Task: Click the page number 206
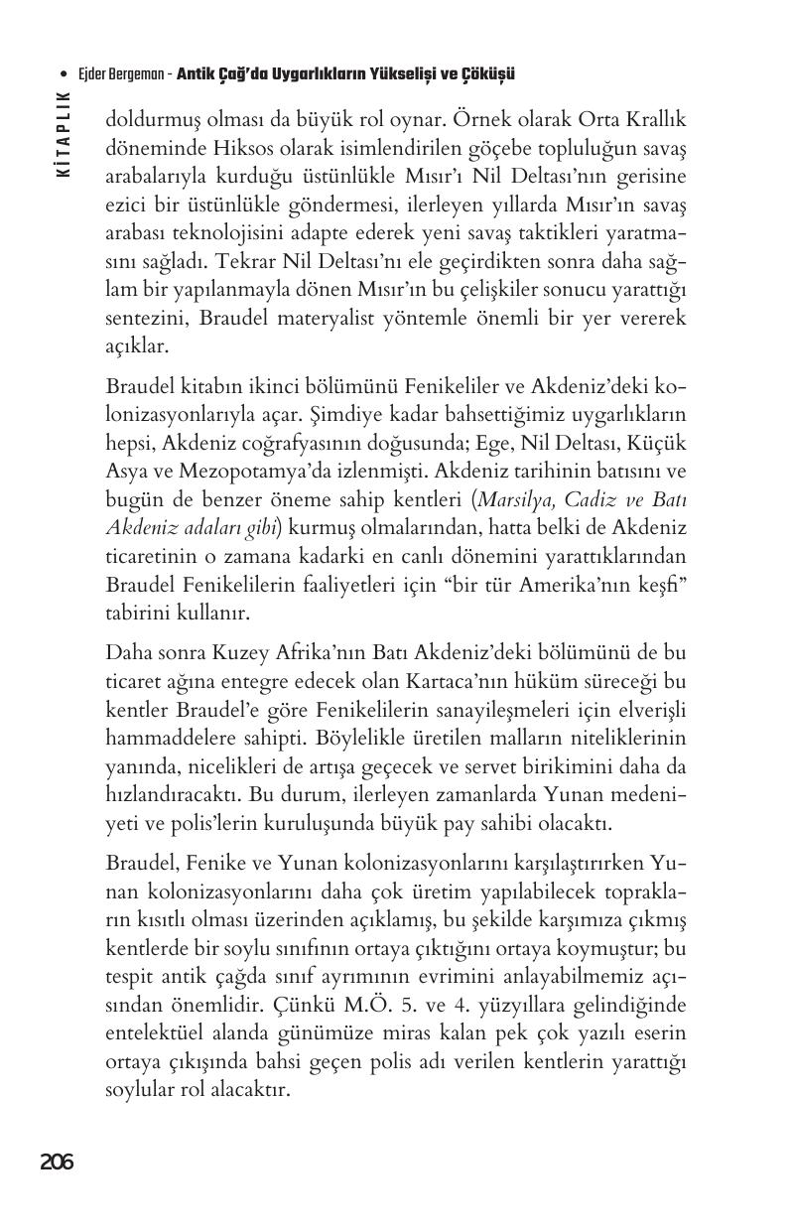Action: (57, 1163)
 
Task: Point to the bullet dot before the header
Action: (65, 74)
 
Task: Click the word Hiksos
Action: (203, 147)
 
